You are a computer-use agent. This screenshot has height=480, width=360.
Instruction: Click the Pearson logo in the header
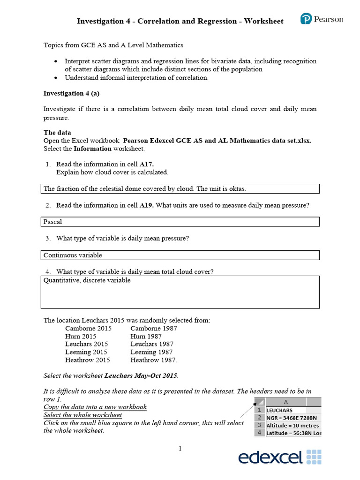pyautogui.click(x=322, y=20)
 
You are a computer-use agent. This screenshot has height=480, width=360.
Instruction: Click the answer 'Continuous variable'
pyautogui.click(x=73, y=255)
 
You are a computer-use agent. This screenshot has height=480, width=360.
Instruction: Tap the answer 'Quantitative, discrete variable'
pyautogui.click(x=87, y=280)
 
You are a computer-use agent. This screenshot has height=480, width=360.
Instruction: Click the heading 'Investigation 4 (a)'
pyautogui.click(x=71, y=93)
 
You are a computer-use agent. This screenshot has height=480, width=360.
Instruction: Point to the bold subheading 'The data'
pyautogui.click(x=57, y=133)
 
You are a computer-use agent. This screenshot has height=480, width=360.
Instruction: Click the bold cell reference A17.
pyautogui.click(x=147, y=164)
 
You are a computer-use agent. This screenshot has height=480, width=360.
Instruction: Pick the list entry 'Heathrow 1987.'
pyautogui.click(x=154, y=360)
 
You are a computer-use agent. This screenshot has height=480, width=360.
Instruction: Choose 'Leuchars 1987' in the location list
pyautogui.click(x=152, y=344)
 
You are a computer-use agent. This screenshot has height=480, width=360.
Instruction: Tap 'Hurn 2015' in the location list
pyautogui.click(x=81, y=336)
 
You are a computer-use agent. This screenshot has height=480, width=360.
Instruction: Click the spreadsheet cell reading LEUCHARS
pyautogui.click(x=279, y=410)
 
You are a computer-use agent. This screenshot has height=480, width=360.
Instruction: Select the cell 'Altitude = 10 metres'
pyautogui.click(x=293, y=425)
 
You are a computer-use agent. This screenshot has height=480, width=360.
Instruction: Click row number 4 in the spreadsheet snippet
pyautogui.click(x=259, y=433)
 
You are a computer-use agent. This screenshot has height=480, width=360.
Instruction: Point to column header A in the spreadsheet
pyautogui.click(x=286, y=402)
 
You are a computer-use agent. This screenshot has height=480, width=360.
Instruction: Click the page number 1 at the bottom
pyautogui.click(x=180, y=449)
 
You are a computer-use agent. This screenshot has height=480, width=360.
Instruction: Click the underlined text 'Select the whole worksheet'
pyautogui.click(x=82, y=415)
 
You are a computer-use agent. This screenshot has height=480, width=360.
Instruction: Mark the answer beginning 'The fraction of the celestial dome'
pyautogui.click(x=144, y=189)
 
